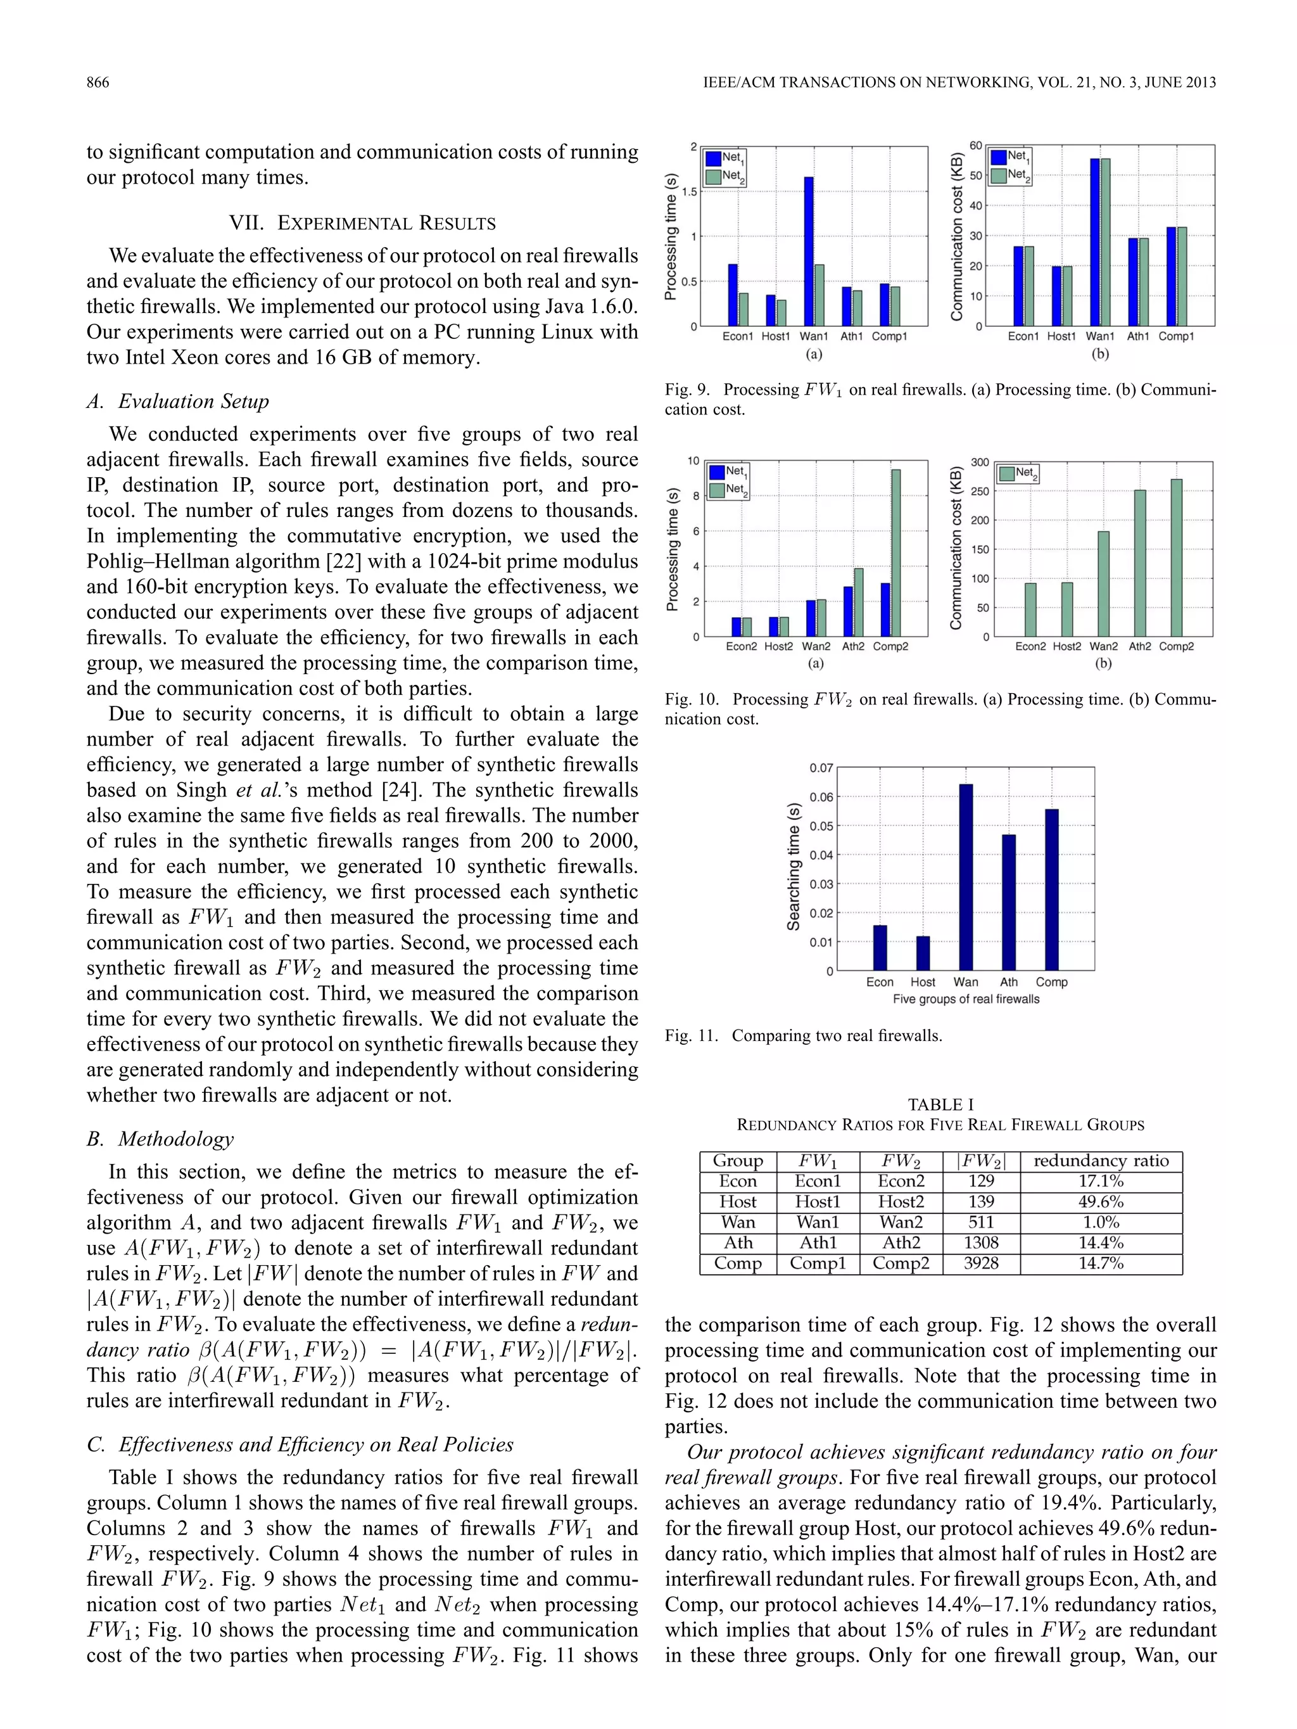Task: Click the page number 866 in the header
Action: [x=98, y=83]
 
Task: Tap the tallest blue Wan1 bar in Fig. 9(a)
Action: [x=809, y=250]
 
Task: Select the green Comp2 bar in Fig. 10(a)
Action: [x=895, y=552]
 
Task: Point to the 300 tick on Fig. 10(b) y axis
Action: [x=980, y=463]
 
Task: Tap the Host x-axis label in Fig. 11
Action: [x=922, y=982]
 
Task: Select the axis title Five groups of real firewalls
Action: [x=966, y=999]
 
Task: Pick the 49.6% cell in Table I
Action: [x=1100, y=1201]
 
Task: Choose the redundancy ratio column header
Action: [x=1100, y=1161]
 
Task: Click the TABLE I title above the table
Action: [x=940, y=1104]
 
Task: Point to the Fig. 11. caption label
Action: [x=691, y=1036]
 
